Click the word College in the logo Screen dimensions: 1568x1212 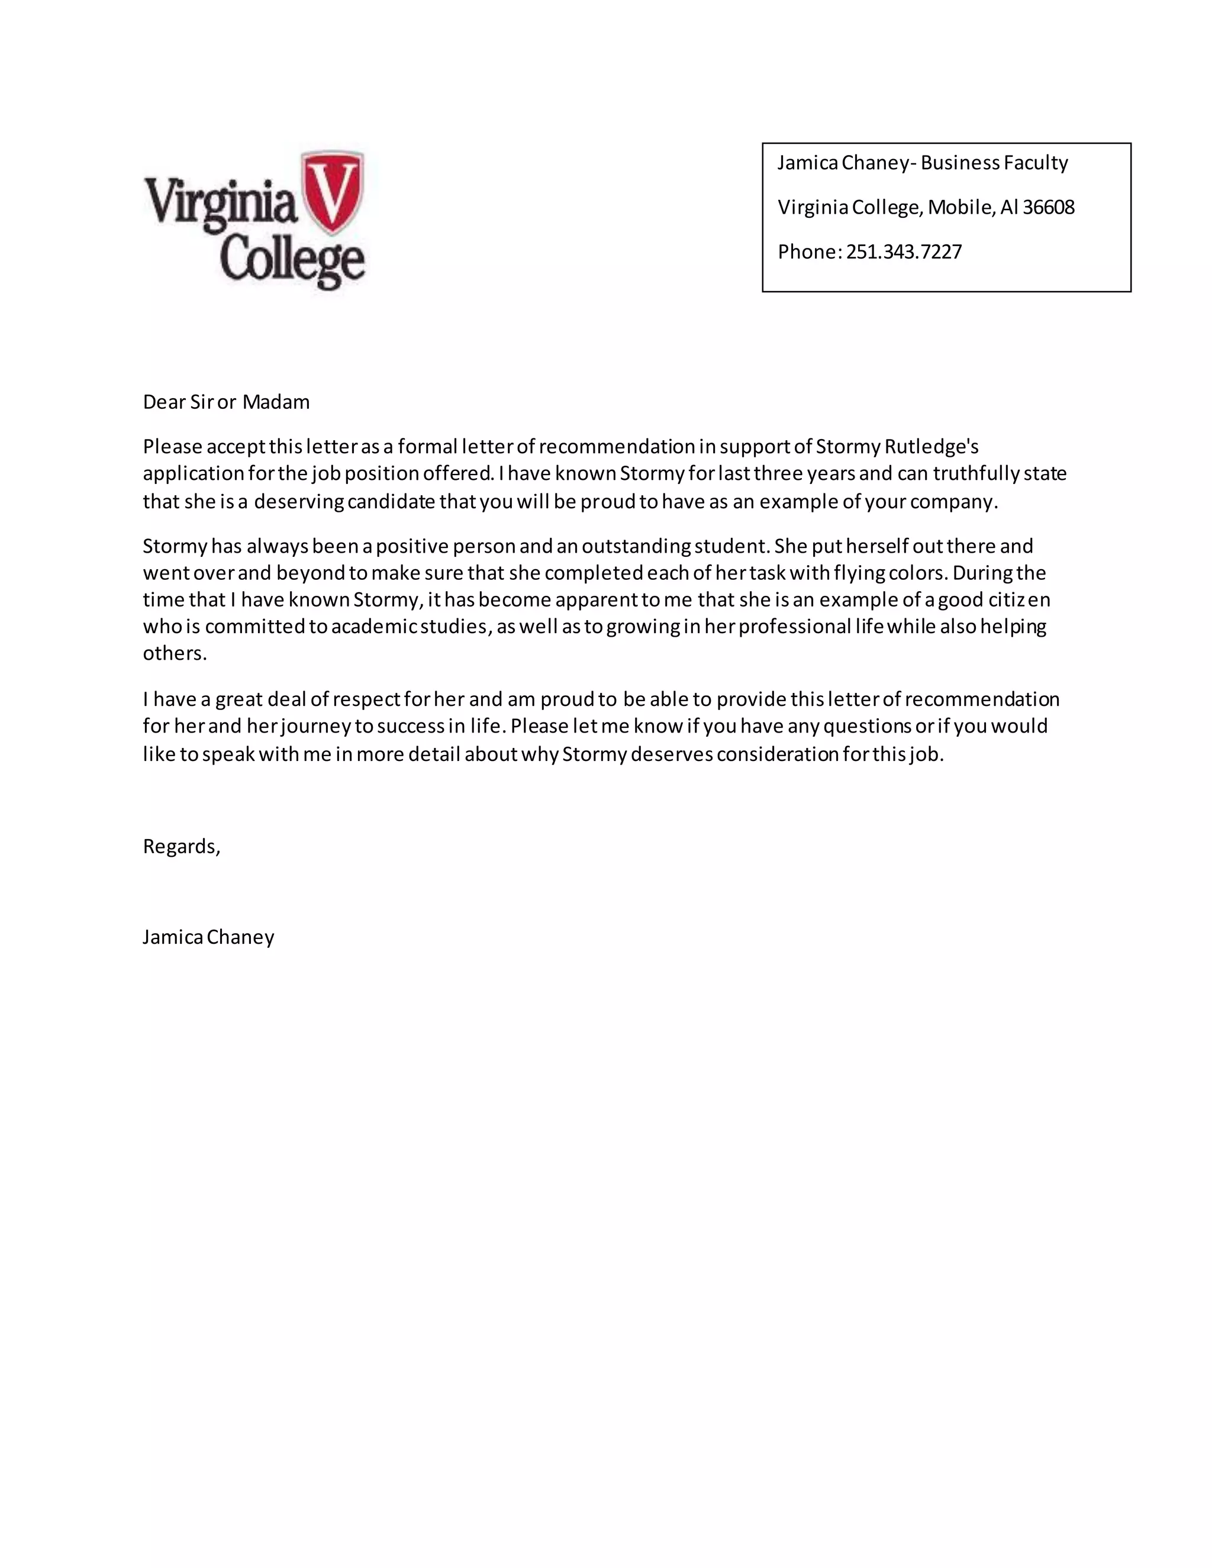click(x=292, y=260)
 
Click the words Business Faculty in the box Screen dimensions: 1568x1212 click(x=994, y=163)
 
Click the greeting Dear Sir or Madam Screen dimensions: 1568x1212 click(x=226, y=402)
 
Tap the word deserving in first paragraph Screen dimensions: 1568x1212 click(x=299, y=501)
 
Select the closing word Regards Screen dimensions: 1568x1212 click(x=180, y=847)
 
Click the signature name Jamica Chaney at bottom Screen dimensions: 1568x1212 click(x=208, y=937)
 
